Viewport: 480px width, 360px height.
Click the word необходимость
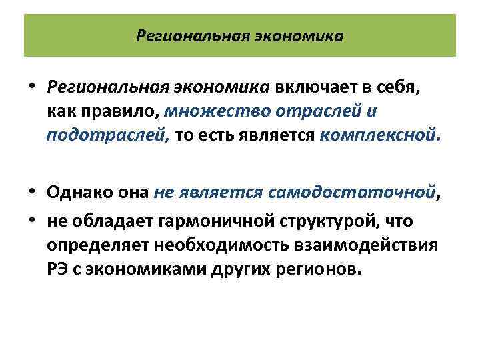tap(223, 245)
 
